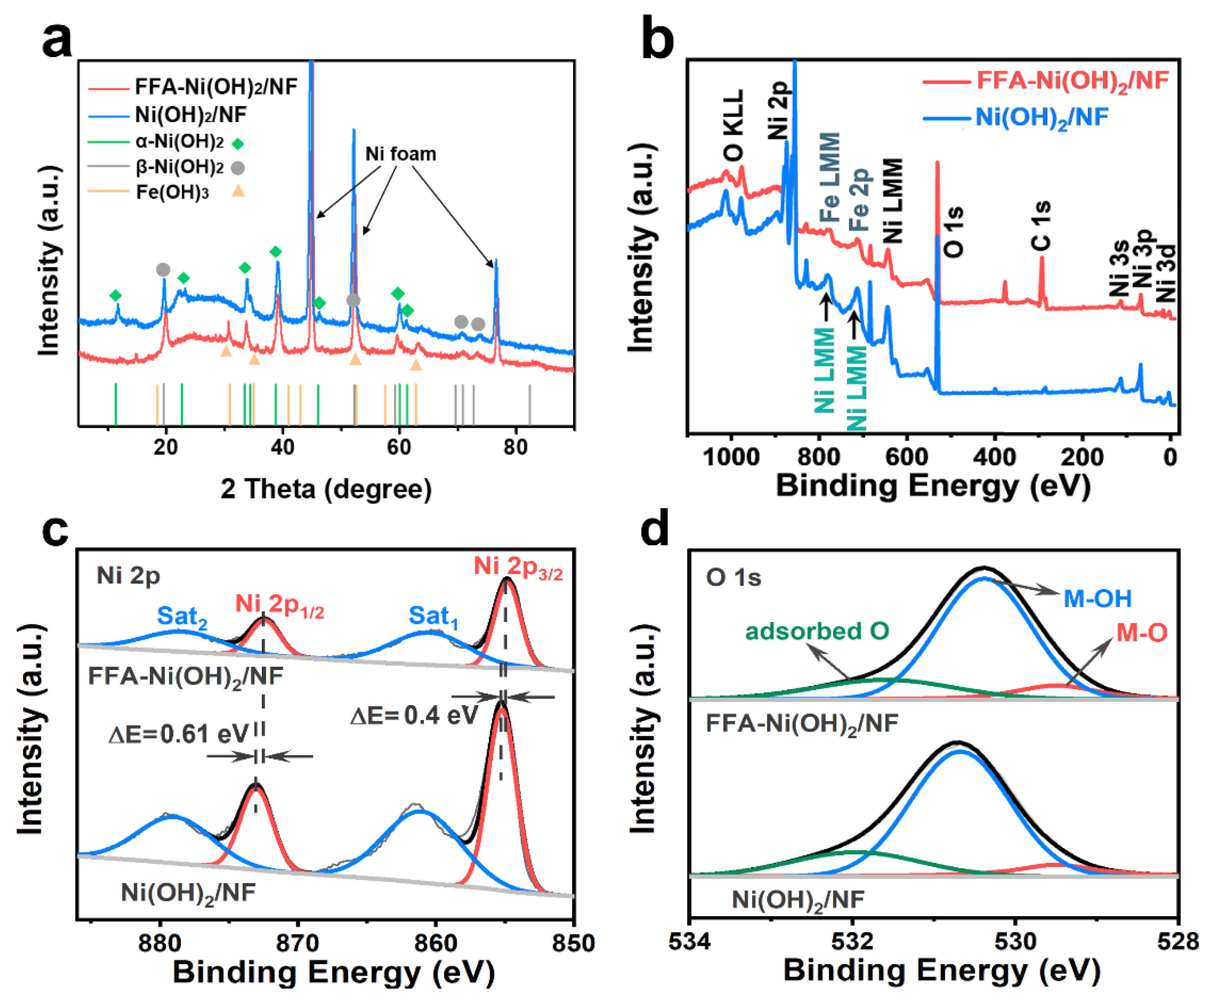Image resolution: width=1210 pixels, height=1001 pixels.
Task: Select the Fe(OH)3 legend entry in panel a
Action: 172,192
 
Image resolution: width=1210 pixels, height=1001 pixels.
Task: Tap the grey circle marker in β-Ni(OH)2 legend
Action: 238,168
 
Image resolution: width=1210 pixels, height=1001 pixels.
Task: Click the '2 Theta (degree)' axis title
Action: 326,489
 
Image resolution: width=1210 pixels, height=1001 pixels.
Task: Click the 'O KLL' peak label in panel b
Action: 733,126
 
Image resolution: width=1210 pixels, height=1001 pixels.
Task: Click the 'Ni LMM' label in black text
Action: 893,200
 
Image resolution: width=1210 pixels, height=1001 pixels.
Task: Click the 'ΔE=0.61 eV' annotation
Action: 178,734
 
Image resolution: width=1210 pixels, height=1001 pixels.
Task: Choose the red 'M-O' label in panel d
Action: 1142,633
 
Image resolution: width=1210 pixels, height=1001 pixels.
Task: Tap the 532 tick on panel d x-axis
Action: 853,943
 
